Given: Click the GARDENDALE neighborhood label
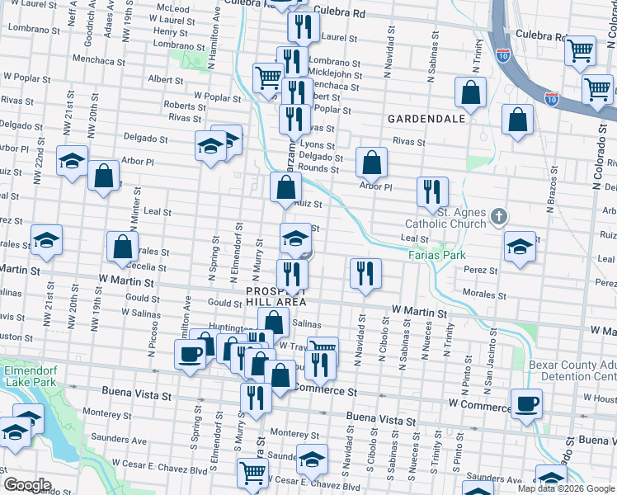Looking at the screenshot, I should [x=427, y=119].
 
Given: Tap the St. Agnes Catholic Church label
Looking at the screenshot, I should [x=446, y=218].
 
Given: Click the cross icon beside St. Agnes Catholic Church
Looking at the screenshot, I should [x=498, y=217].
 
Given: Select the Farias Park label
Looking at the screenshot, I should [x=436, y=255].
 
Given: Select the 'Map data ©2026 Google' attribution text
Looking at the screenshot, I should [x=566, y=488].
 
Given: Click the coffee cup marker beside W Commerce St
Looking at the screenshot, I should [x=526, y=404].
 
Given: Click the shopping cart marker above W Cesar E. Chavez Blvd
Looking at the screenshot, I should [x=252, y=474].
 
